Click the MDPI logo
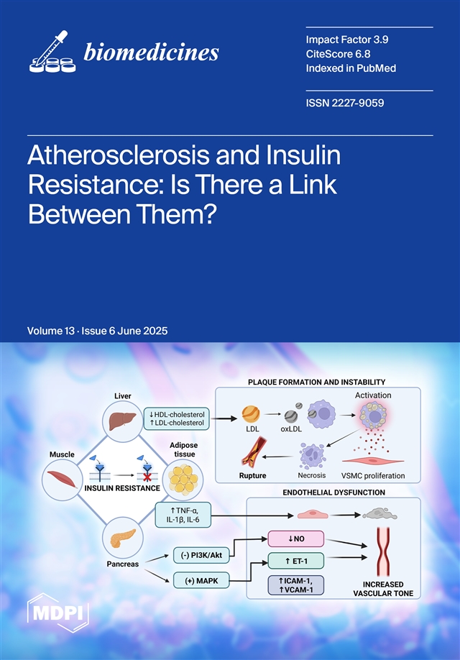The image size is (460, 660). (x=58, y=613)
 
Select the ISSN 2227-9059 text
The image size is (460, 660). (x=345, y=103)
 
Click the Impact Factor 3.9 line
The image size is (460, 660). (x=346, y=40)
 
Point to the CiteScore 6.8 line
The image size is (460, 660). (x=338, y=54)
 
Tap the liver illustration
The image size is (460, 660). (x=122, y=421)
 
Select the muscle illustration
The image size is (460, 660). (x=63, y=480)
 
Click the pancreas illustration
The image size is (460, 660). (x=123, y=538)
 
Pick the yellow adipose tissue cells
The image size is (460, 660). (x=183, y=480)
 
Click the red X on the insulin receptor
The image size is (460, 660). (x=147, y=477)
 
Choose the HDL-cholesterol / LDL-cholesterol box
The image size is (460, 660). (x=177, y=418)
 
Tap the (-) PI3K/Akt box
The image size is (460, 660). (x=201, y=555)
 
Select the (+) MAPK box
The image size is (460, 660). (x=201, y=581)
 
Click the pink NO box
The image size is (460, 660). (x=296, y=538)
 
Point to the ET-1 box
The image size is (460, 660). (x=296, y=561)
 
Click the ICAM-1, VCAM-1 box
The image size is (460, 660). (x=296, y=585)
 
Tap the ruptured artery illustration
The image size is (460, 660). (x=252, y=452)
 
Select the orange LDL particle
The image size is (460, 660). (x=251, y=414)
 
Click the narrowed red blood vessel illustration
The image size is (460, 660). (x=382, y=551)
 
